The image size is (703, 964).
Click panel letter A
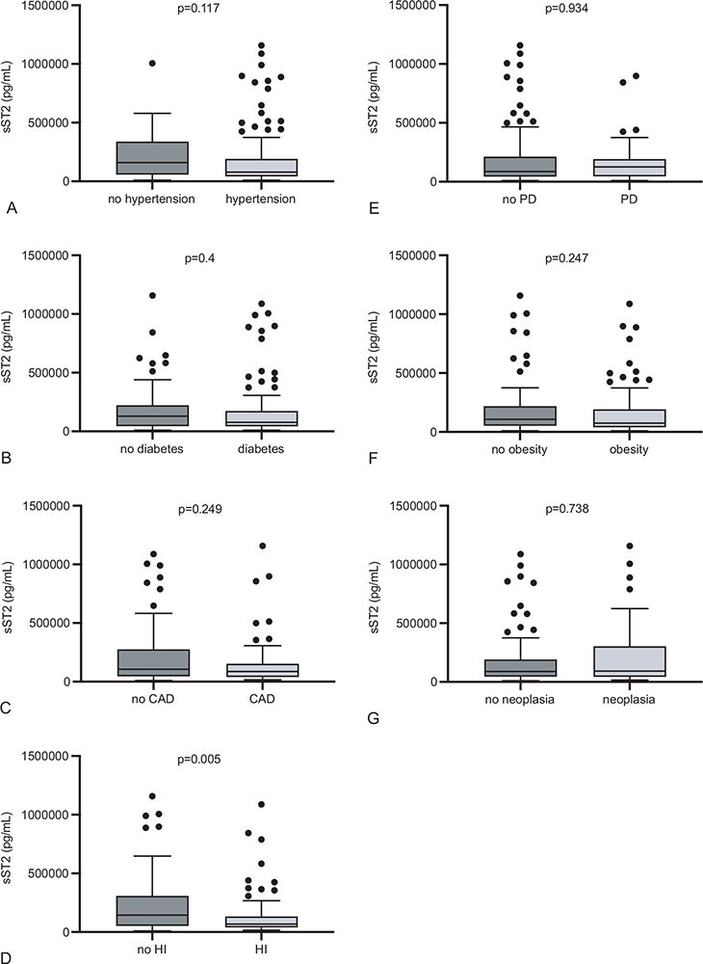[11, 206]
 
